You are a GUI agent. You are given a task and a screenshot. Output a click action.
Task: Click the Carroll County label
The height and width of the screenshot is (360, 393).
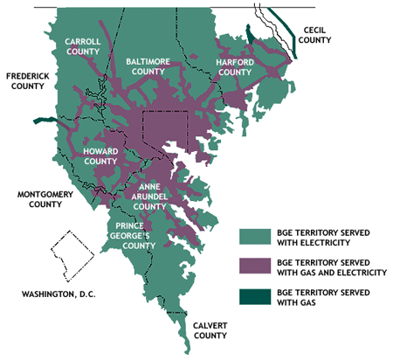[86, 45]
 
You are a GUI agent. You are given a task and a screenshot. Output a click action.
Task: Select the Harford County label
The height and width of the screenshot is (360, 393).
[241, 67]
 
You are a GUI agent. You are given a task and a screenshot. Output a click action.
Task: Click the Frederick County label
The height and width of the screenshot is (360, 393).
[30, 81]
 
